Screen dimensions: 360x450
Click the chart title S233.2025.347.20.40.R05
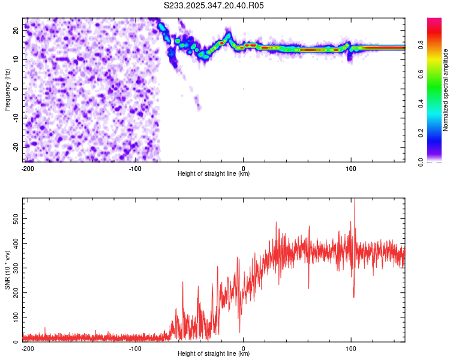[x=214, y=5]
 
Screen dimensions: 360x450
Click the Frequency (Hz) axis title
[x=7, y=89]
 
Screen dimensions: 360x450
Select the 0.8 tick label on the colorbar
[x=420, y=44]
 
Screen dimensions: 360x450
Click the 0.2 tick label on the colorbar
[x=420, y=133]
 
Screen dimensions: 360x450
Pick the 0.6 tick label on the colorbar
[x=420, y=73]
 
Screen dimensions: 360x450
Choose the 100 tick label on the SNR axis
[x=14, y=316]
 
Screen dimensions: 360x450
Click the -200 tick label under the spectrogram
[x=27, y=168]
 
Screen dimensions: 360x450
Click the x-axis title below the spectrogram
[x=214, y=174]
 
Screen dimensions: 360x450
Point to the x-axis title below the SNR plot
[x=214, y=354]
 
